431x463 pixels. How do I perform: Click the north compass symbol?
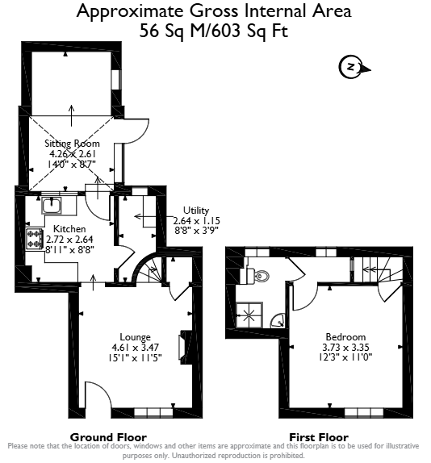click(354, 67)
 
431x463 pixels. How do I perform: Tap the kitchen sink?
click(52, 206)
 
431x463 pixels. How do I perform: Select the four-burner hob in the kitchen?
click(34, 240)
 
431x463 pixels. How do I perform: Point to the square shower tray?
click(249, 315)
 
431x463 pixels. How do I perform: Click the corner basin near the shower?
click(278, 321)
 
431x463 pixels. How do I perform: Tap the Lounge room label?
click(135, 337)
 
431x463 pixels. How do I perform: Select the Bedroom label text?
click(345, 337)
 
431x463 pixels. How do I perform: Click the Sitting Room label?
click(72, 144)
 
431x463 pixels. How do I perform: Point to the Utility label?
click(196, 211)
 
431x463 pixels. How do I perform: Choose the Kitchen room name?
click(69, 229)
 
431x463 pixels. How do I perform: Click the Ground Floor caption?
click(108, 437)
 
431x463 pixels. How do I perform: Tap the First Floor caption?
click(319, 437)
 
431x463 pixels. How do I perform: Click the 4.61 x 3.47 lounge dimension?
click(136, 347)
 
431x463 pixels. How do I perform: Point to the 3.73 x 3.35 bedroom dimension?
click(345, 347)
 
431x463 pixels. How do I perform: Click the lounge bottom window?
click(153, 412)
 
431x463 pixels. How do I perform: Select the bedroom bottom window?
click(364, 412)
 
